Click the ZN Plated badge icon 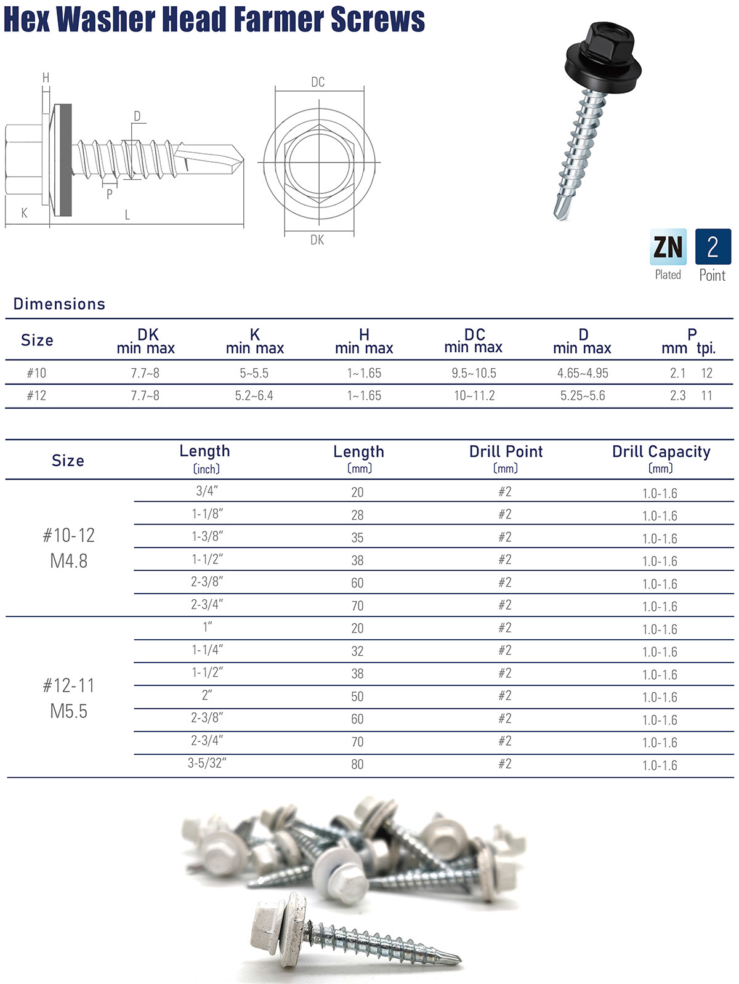pyautogui.click(x=668, y=247)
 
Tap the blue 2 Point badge pyautogui.click(x=713, y=247)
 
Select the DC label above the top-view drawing pyautogui.click(x=318, y=82)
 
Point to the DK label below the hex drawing pyautogui.click(x=317, y=240)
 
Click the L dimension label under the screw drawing pyautogui.click(x=127, y=215)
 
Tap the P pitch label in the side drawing pyautogui.click(x=110, y=194)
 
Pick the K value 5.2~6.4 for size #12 pyautogui.click(x=254, y=396)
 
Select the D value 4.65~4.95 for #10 pyautogui.click(x=583, y=373)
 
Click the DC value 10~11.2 pyautogui.click(x=474, y=396)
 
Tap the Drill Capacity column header pyautogui.click(x=661, y=452)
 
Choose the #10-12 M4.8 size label pyautogui.click(x=69, y=548)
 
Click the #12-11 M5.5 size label pyautogui.click(x=69, y=698)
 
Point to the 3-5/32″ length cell pyautogui.click(x=207, y=764)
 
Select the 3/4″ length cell pyautogui.click(x=207, y=491)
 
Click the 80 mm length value pyautogui.click(x=357, y=764)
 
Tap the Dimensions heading pyautogui.click(x=59, y=304)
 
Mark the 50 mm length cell pyautogui.click(x=357, y=696)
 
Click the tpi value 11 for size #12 pyautogui.click(x=706, y=396)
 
